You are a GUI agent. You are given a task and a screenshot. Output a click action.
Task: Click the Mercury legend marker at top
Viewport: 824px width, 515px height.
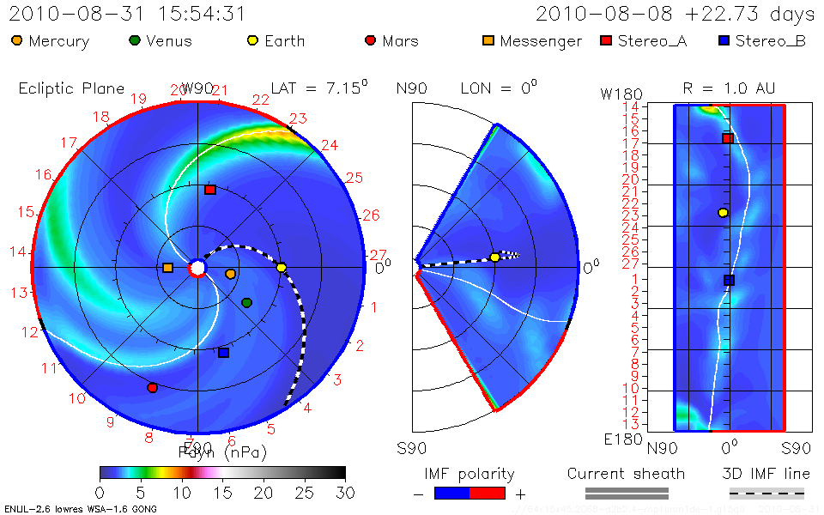point(16,40)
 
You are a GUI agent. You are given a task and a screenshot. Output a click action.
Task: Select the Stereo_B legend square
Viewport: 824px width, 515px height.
point(724,40)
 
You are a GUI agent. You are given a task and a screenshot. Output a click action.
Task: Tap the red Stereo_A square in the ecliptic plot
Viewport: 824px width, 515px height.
point(210,190)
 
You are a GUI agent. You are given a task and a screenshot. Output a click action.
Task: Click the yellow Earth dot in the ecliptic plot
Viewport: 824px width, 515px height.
point(282,268)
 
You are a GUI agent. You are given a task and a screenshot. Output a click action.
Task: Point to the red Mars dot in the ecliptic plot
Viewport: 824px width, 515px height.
point(153,388)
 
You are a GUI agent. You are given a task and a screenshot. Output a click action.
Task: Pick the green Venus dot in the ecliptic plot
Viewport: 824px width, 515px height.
point(247,303)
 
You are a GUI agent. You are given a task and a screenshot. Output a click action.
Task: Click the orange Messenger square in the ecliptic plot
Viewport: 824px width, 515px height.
point(167,268)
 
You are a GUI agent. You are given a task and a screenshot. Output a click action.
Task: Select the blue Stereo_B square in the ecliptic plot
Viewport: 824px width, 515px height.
point(224,353)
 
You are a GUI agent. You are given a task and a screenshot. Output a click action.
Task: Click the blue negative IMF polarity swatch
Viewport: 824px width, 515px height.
point(452,493)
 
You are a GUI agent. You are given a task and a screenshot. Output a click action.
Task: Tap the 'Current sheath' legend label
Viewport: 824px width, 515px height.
point(626,474)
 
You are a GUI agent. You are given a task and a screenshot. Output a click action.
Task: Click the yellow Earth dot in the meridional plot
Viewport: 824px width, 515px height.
point(494,257)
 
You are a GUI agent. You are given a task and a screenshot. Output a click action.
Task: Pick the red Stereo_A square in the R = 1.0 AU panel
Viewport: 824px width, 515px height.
point(727,138)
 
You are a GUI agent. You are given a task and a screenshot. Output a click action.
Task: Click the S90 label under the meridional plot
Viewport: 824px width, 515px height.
point(410,448)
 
